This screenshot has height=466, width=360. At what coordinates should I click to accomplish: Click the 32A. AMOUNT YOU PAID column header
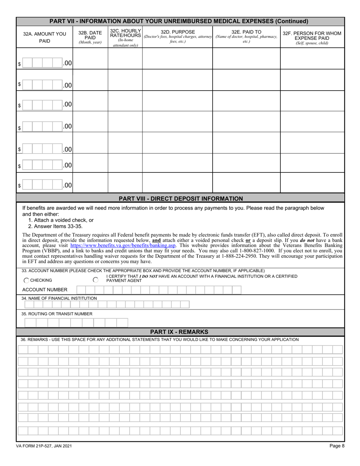point(45,37)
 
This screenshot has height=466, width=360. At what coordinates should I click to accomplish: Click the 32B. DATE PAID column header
point(90,37)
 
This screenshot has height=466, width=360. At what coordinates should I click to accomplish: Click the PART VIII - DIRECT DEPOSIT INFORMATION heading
point(181,199)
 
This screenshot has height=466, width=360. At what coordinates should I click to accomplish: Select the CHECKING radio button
point(27,280)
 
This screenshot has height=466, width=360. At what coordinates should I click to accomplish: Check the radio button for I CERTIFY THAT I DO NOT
point(95,280)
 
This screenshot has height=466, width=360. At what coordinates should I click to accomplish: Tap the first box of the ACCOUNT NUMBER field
point(81,290)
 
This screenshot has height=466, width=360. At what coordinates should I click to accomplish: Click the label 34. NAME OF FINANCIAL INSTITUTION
point(59,299)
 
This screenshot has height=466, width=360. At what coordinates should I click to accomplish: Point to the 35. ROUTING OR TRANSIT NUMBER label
point(57,314)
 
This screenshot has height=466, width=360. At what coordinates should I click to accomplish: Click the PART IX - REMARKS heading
point(179,332)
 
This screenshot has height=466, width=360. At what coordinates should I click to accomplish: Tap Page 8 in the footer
point(337,446)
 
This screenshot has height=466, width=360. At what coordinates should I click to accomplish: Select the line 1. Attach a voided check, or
point(61,220)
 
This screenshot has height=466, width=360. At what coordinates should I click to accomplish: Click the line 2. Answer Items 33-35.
point(55,226)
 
